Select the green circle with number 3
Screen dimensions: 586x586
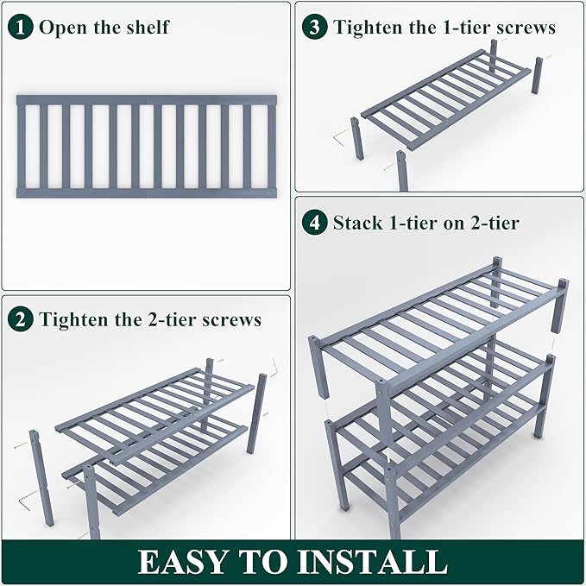coord(316,27)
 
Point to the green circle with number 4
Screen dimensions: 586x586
coord(316,223)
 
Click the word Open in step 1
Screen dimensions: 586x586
coord(61,28)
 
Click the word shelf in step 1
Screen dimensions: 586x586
coord(146,27)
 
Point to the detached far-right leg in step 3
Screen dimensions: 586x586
coord(538,79)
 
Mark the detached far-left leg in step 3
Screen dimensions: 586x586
coord(356,138)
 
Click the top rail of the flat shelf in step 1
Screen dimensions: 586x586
coord(146,100)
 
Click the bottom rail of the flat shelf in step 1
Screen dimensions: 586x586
coord(146,192)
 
